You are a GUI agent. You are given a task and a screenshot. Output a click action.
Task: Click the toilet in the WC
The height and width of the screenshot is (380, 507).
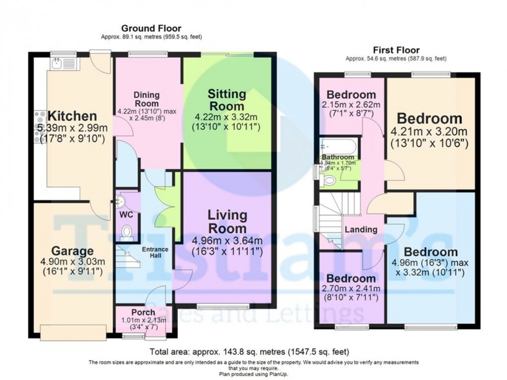pyautogui.click(x=127, y=231)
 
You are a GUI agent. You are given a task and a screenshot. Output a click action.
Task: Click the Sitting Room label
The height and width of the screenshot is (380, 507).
pyautogui.click(x=227, y=100)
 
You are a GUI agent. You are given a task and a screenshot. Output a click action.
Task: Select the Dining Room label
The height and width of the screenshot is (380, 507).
pyautogui.click(x=146, y=99)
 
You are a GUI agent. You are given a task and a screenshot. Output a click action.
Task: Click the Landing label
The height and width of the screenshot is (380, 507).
pyautogui.click(x=361, y=229)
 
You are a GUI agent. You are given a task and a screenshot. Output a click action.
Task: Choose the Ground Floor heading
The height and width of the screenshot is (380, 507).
pyautogui.click(x=151, y=28)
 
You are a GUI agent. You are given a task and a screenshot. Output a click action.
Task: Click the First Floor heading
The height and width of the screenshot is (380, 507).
pyautogui.click(x=396, y=50)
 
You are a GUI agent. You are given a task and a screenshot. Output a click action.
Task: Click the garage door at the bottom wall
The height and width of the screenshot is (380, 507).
pyautogui.click(x=73, y=332)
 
